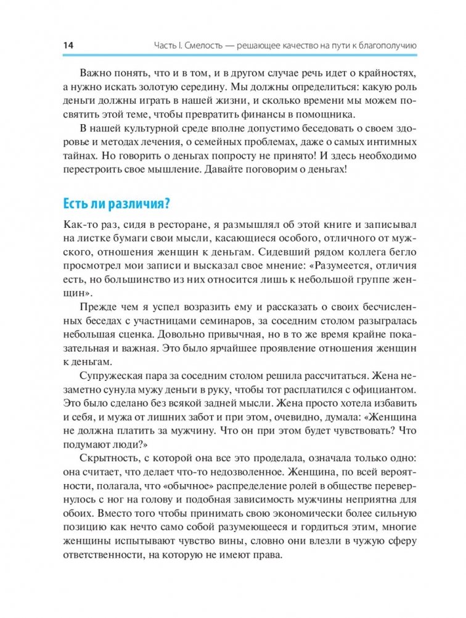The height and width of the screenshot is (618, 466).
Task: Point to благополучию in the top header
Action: [377, 45]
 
